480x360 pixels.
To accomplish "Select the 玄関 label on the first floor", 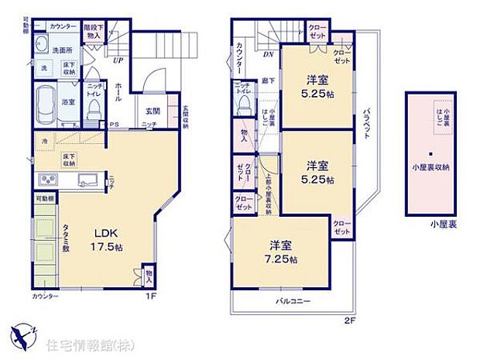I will pos(153,111).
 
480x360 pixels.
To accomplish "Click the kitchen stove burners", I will pos(44,181).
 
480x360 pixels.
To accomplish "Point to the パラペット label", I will pos(365,120).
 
